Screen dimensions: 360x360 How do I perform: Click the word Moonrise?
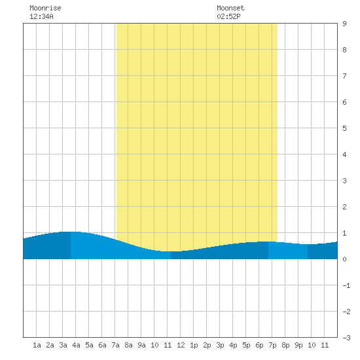[45, 8]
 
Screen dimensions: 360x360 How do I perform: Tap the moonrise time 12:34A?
[41, 16]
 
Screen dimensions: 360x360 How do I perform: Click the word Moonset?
[230, 8]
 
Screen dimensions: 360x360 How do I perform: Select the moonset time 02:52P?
[228, 16]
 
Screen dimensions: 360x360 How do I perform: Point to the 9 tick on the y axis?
[344, 24]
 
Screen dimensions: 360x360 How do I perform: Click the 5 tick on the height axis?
[344, 128]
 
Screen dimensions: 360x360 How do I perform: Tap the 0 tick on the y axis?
[344, 259]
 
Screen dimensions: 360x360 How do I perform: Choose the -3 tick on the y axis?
[347, 338]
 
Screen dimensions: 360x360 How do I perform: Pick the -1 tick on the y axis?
[347, 285]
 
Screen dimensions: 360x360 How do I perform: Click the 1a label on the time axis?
[37, 345]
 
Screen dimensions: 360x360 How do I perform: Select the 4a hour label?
[76, 345]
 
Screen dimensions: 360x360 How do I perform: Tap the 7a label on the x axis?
[115, 345]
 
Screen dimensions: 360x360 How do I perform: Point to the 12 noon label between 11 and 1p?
[181, 345]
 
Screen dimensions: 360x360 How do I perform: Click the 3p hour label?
[220, 345]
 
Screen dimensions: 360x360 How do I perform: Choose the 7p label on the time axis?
[272, 345]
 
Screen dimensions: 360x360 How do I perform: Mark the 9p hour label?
[298, 345]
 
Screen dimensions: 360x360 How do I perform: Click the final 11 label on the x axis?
[325, 345]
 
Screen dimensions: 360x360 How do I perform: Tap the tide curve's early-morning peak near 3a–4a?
[70, 232]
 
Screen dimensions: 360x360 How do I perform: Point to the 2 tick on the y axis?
[344, 207]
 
